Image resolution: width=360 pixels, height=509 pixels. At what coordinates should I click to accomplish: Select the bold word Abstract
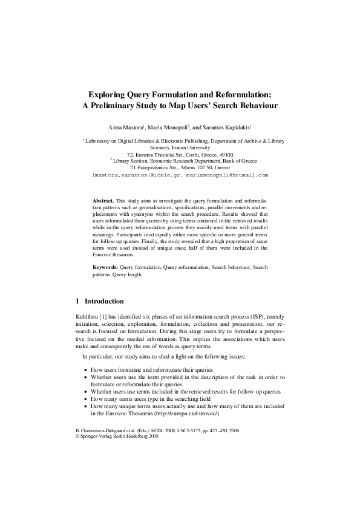[x=103, y=199]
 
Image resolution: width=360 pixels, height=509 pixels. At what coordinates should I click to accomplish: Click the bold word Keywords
[x=105, y=267]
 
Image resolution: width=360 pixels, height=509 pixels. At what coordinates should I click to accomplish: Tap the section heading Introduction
[x=104, y=301]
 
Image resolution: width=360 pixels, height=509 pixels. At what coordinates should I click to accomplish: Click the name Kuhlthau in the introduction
[x=83, y=316]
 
